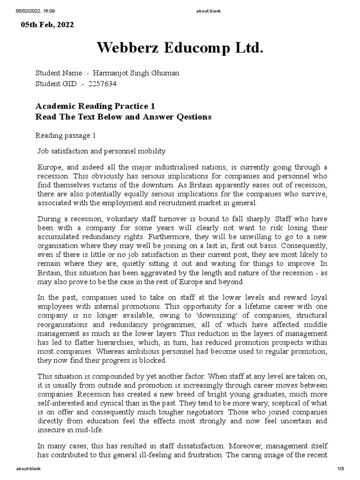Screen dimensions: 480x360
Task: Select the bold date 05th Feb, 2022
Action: pos(46,25)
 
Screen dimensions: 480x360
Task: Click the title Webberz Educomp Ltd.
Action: pos(180,48)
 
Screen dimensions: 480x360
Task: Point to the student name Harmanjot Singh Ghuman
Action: pos(136,73)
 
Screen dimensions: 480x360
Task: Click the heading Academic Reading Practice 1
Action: pos(95,106)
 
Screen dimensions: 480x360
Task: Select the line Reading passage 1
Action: pos(66,135)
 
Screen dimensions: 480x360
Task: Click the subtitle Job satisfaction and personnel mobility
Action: pos(102,151)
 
